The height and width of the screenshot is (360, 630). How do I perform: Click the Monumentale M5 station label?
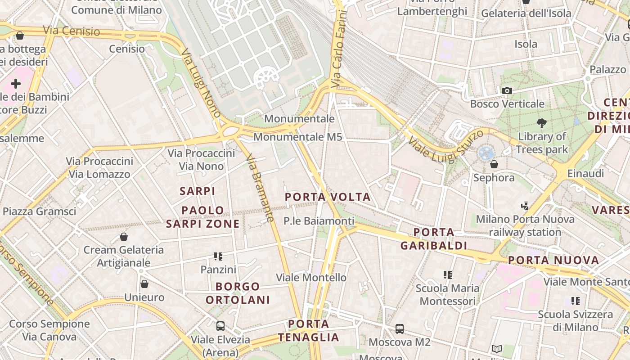pyautogui.click(x=298, y=137)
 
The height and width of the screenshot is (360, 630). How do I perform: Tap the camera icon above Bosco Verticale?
pyautogui.click(x=507, y=90)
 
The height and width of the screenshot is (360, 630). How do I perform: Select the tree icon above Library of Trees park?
pyautogui.click(x=542, y=122)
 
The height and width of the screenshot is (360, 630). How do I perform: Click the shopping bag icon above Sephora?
pyautogui.click(x=494, y=164)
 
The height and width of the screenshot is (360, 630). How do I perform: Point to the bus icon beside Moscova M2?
pyautogui.click(x=400, y=329)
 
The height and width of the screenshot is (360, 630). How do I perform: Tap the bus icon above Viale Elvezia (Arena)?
pyautogui.click(x=220, y=326)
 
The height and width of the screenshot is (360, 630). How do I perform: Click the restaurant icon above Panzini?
pyautogui.click(x=218, y=256)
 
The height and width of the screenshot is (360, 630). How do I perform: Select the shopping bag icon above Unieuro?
pyautogui.click(x=144, y=284)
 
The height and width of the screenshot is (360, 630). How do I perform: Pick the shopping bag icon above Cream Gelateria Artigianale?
pyautogui.click(x=124, y=236)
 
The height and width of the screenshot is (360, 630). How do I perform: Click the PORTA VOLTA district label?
pyautogui.click(x=328, y=197)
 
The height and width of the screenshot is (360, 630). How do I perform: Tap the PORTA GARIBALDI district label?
pyautogui.click(x=434, y=239)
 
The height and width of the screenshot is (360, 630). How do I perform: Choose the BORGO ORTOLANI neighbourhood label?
pyautogui.click(x=238, y=293)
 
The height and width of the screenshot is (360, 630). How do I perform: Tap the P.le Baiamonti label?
pyautogui.click(x=319, y=221)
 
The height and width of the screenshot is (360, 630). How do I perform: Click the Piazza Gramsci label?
pyautogui.click(x=40, y=211)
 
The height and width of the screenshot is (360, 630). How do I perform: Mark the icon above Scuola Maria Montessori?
pyautogui.click(x=447, y=274)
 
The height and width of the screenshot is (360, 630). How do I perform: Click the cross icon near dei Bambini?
pyautogui.click(x=16, y=84)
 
